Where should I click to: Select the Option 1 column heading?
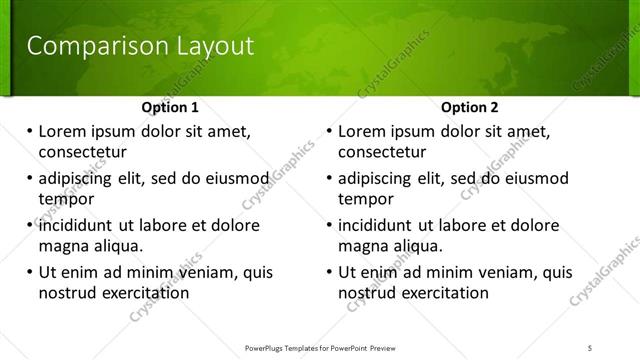170,107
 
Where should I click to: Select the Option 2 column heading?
470,107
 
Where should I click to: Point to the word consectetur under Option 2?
382,152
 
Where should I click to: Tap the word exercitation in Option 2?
443,293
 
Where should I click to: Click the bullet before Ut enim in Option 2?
329,272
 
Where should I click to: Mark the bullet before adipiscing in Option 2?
329,179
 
